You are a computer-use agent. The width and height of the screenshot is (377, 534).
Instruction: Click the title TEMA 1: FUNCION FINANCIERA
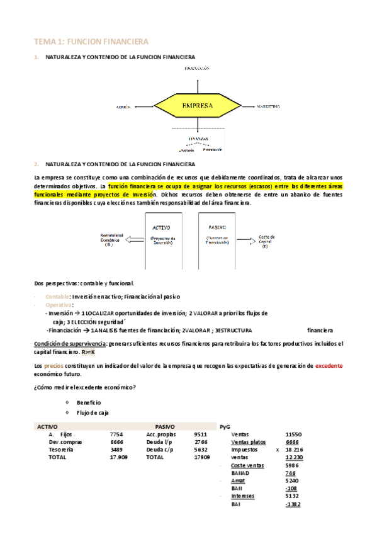coord(91,42)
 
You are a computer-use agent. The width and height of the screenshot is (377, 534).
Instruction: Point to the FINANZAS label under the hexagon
coord(198,137)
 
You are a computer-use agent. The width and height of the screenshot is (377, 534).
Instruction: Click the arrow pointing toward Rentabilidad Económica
coord(135,239)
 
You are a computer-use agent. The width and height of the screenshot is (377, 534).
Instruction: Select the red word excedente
coord(329,365)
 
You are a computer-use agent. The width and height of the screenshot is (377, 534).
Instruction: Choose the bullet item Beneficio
coord(89,402)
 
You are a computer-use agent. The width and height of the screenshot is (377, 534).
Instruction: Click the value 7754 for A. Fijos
coord(116,435)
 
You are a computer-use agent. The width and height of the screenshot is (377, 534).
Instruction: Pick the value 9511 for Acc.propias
coord(201,435)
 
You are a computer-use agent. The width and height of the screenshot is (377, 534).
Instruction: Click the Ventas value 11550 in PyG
coord(294,435)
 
